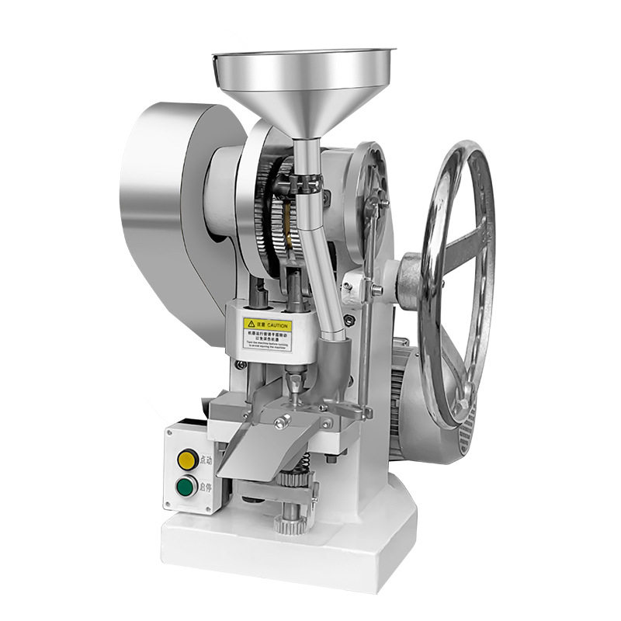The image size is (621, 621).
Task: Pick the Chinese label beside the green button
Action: pos(206,487)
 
